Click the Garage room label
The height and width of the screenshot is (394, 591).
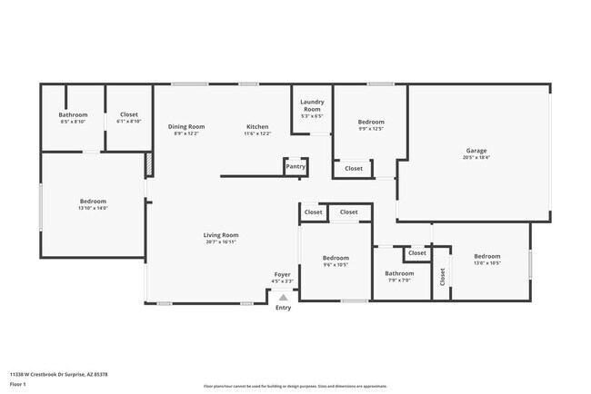tap(476, 151)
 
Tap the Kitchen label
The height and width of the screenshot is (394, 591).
tap(257, 126)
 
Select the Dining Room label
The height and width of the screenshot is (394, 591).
tap(186, 126)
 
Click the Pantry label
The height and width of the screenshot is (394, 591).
tap(295, 166)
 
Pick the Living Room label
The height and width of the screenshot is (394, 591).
tap(221, 235)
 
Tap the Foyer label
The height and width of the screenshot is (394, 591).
tap(283, 273)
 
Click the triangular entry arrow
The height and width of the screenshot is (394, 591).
tap(283, 296)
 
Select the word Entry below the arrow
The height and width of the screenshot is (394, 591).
tap(284, 308)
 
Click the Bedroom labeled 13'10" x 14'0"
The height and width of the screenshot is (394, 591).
tap(93, 202)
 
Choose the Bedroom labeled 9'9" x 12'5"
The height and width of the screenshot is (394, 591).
tap(370, 122)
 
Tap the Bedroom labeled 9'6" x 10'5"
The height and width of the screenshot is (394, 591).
tap(336, 258)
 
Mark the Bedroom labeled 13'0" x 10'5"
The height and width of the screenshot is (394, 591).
tap(487, 257)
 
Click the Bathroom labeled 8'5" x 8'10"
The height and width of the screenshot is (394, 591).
tap(73, 115)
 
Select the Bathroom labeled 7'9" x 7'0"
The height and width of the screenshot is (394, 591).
tap(399, 273)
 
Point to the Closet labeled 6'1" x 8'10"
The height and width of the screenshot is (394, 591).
tap(129, 115)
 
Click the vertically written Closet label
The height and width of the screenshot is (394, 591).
tap(443, 276)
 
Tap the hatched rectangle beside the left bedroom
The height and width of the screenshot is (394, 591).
tap(148, 164)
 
